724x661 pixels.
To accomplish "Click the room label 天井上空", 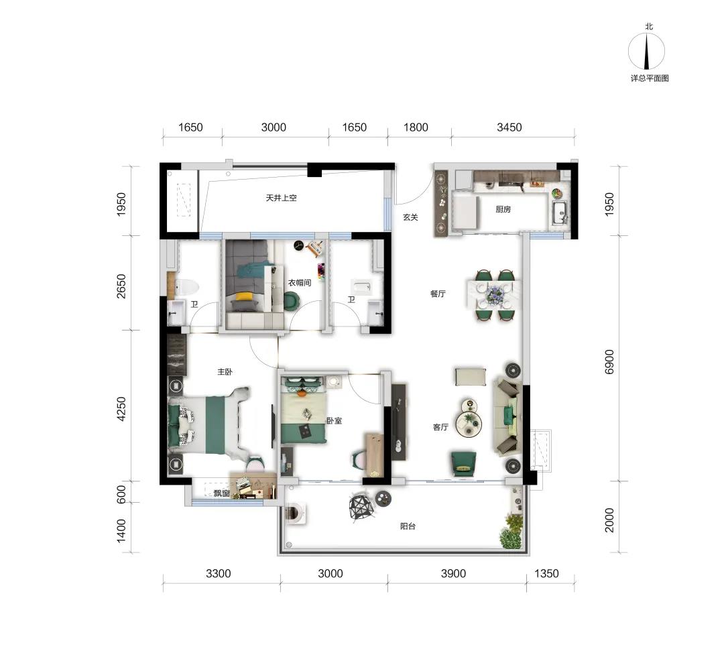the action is (281, 198).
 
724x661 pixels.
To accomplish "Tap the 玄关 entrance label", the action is (410, 217).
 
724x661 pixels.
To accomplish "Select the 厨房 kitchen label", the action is (503, 209).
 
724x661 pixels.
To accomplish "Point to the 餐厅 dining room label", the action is (437, 294).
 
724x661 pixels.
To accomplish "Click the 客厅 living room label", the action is (440, 427).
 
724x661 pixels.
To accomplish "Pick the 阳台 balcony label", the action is (408, 526).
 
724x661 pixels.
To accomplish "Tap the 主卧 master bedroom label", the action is (225, 371).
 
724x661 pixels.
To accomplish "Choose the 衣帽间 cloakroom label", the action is (300, 282).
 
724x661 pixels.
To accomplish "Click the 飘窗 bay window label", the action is (222, 493).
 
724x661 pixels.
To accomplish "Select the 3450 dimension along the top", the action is (509, 127).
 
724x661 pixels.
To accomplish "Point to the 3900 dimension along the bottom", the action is (453, 573).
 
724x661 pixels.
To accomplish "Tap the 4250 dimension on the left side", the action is (121, 409).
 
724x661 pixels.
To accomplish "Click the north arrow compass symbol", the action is (647, 51).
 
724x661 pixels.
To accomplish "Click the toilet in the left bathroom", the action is (186, 287).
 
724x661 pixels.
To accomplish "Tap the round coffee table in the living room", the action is (469, 423).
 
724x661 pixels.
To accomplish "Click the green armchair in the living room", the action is (464, 462).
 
